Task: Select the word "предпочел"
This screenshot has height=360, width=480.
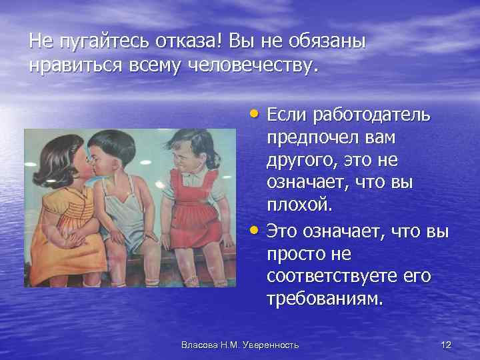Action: tap(313, 139)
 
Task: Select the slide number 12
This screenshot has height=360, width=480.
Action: tap(447, 344)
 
